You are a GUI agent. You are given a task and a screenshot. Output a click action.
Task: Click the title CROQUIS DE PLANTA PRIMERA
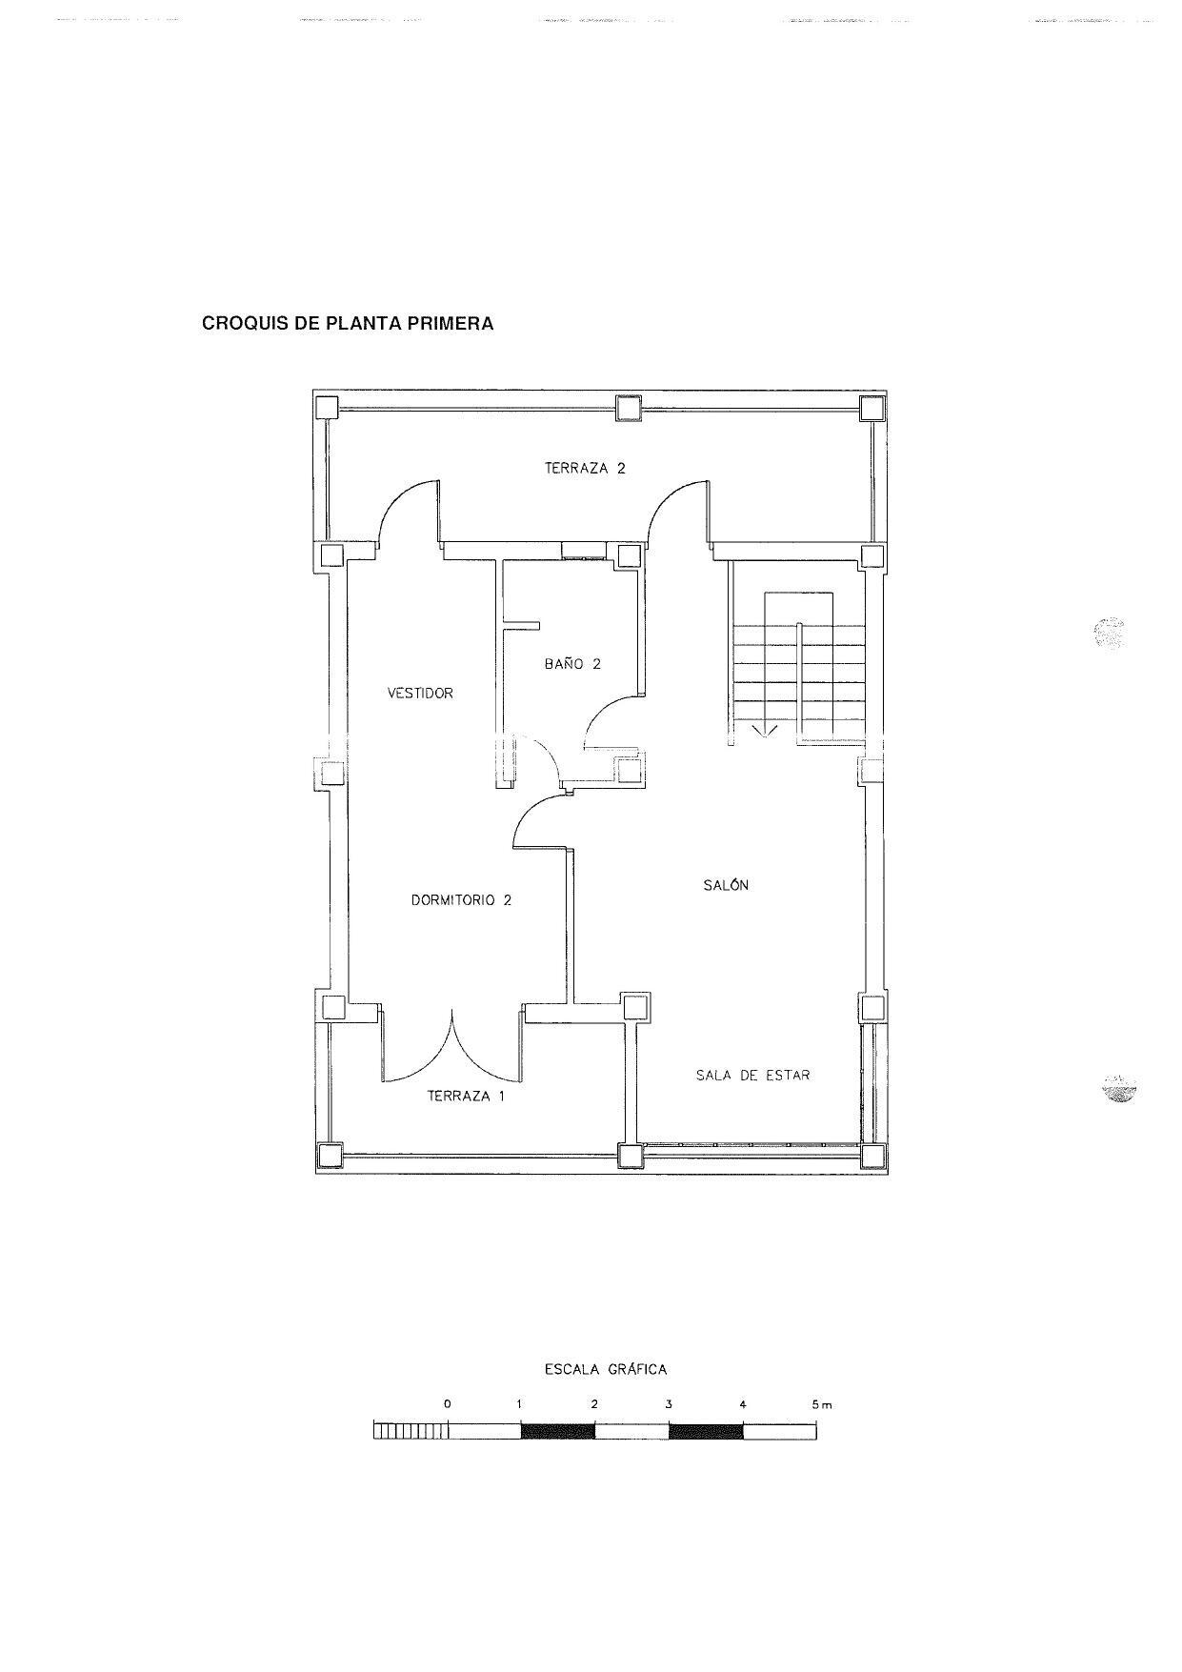[348, 323]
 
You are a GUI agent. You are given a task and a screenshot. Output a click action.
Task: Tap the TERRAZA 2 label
[585, 468]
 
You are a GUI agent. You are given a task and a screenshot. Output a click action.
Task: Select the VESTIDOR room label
[420, 693]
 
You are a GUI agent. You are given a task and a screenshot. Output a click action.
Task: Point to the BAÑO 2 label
[572, 664]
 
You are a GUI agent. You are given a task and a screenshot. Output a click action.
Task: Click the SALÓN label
[726, 885]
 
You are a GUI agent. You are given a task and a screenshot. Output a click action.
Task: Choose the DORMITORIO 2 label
[461, 899]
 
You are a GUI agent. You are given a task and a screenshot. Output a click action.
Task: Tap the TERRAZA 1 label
[466, 1096]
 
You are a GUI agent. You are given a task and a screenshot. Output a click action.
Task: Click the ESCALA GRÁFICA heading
[605, 1369]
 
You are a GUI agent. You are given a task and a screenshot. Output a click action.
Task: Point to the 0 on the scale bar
[448, 1404]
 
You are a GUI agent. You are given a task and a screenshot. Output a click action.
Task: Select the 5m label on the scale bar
[821, 1404]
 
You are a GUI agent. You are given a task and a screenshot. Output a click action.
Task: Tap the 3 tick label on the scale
[669, 1404]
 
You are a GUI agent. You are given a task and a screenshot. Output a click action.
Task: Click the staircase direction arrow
[766, 731]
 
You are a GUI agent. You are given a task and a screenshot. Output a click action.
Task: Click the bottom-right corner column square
[871, 1156]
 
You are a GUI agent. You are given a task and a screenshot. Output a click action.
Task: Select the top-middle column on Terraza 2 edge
[629, 408]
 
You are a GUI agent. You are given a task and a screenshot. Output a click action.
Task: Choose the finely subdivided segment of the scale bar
[411, 1431]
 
